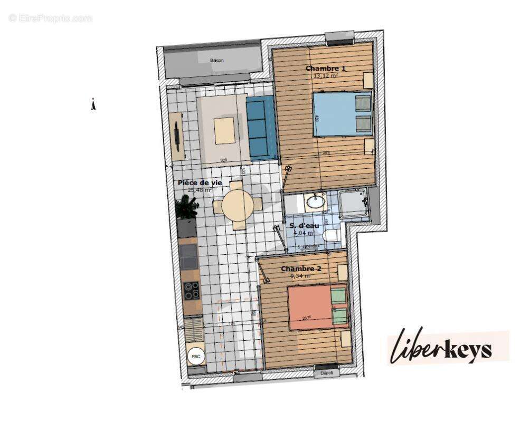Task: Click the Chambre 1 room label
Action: pyautogui.click(x=326, y=69)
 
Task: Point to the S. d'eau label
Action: pyautogui.click(x=304, y=226)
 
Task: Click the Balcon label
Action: pyautogui.click(x=216, y=61)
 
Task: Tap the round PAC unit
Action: pyautogui.click(x=196, y=357)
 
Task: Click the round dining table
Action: pyautogui.click(x=238, y=205)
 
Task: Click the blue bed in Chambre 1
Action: pyautogui.click(x=342, y=114)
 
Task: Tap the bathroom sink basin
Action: pyautogui.click(x=316, y=201)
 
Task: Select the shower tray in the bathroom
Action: pyautogui.click(x=353, y=205)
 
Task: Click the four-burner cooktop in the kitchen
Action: pyautogui.click(x=191, y=291)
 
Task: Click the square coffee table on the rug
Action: pyautogui.click(x=224, y=130)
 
